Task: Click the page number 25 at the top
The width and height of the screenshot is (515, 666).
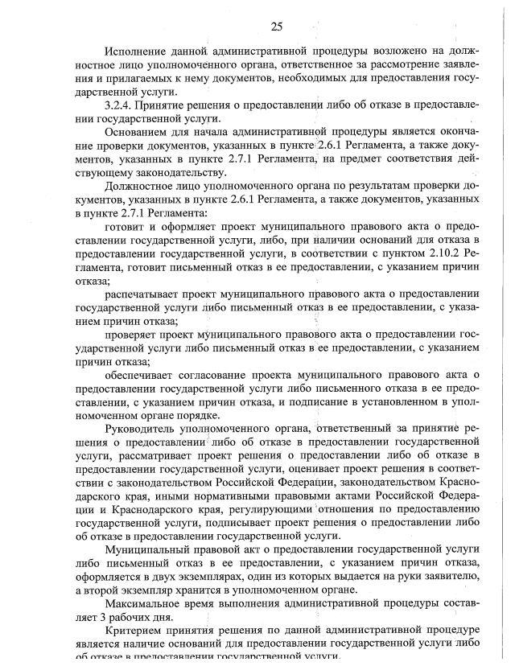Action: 276,27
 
